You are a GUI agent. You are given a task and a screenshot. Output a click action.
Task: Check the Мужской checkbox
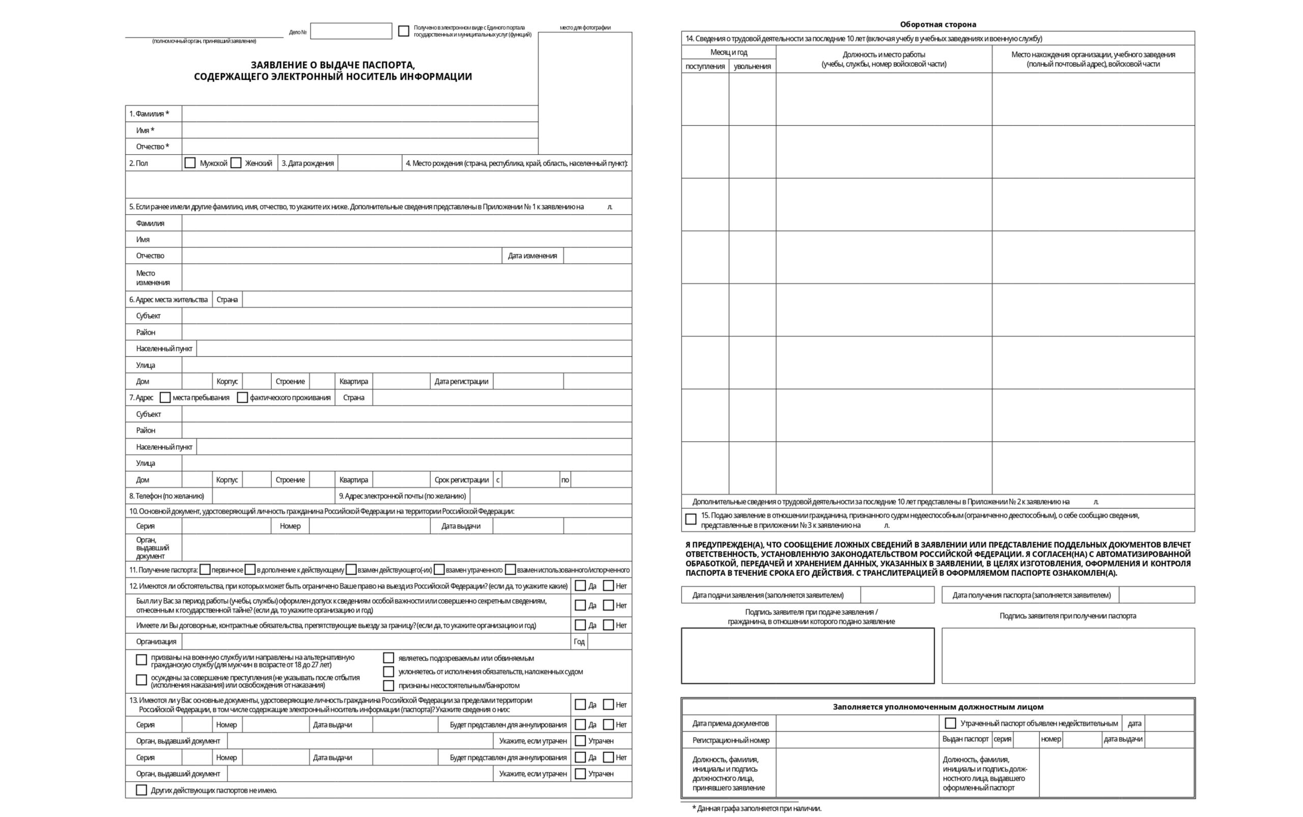pos(190,163)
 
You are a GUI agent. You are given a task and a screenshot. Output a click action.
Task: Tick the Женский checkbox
pos(236,163)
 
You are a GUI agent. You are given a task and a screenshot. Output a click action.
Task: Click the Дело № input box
pos(351,32)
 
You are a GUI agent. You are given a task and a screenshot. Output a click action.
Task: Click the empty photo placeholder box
pos(584,93)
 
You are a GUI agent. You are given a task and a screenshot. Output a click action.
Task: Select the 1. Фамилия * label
pos(149,114)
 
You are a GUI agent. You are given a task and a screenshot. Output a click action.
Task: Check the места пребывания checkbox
pos(165,398)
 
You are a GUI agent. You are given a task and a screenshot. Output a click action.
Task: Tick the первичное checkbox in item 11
pos(205,570)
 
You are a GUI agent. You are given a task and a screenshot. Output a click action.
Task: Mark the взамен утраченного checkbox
pos(439,570)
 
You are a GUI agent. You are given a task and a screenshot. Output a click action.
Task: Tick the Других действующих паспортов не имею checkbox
pos(141,790)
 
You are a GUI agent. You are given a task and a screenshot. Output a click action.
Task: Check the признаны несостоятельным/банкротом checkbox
pos(388,685)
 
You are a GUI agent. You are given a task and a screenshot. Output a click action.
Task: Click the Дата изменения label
pos(532,256)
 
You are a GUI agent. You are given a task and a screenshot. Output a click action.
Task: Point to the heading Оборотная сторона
pos(938,24)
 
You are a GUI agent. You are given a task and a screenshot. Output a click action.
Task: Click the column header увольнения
pos(752,67)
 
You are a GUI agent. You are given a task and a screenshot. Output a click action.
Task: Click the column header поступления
pos(705,67)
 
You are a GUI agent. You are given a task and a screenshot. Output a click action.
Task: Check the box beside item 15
pos(690,519)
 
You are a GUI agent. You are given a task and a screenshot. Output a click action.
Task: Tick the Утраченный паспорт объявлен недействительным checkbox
pos(950,723)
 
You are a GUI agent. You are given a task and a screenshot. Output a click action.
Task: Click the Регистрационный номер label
pos(730,740)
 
